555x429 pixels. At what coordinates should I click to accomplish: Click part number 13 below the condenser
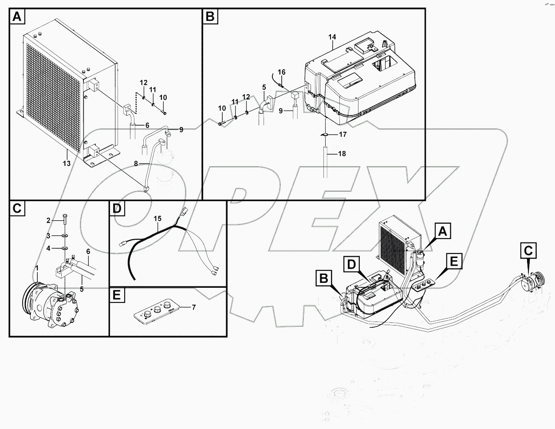(67, 164)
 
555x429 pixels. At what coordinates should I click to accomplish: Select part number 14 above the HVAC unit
(333, 37)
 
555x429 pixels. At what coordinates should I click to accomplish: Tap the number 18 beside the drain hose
(342, 154)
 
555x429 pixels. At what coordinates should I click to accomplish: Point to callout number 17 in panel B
(342, 134)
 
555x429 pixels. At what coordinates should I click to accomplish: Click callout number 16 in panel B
(282, 72)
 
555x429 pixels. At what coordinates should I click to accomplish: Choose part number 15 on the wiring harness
(157, 218)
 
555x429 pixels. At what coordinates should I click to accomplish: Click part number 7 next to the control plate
(193, 307)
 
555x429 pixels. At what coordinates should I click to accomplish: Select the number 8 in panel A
(137, 164)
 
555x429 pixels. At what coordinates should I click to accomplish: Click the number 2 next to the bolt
(49, 220)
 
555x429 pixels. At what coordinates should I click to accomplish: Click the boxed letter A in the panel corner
(16, 17)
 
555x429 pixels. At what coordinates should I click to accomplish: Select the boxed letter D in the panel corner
(117, 209)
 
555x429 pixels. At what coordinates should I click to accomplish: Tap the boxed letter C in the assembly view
(528, 251)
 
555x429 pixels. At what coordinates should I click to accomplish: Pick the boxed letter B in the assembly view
(324, 279)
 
